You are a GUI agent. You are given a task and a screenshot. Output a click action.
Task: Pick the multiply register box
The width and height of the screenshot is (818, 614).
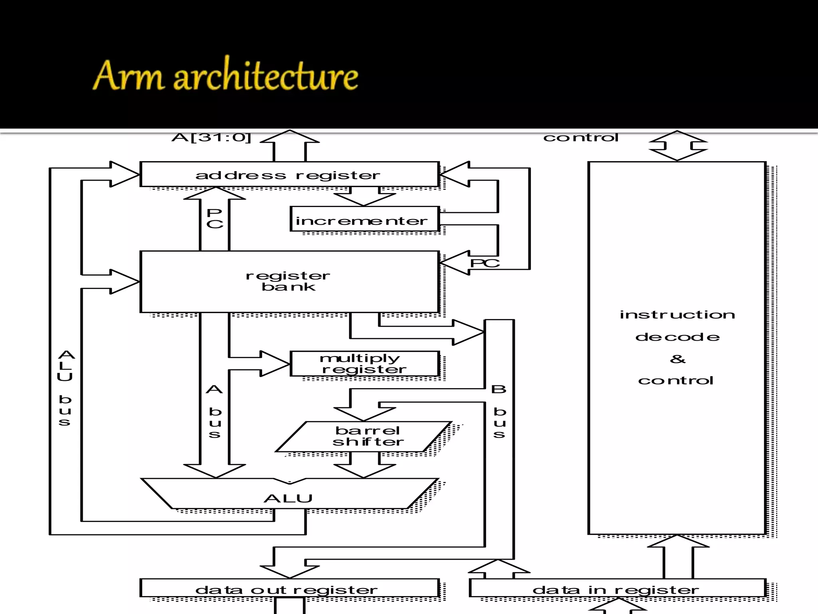(x=364, y=363)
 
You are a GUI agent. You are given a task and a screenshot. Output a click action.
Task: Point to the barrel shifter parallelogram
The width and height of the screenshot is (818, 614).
(x=364, y=437)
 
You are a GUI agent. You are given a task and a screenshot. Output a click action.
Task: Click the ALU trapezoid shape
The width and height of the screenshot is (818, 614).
(x=288, y=496)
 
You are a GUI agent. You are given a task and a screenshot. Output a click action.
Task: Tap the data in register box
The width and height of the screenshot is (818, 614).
(x=617, y=588)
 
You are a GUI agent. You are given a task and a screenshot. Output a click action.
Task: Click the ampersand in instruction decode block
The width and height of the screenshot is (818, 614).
(x=677, y=359)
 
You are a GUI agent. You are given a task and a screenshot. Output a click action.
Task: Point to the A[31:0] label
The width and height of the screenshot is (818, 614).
(x=211, y=138)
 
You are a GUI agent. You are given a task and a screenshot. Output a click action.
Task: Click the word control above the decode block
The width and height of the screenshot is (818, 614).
(x=581, y=138)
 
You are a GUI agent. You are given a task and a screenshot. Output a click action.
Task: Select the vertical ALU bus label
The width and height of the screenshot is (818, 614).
(x=66, y=388)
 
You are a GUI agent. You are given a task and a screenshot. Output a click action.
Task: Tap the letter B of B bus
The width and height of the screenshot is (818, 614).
(x=498, y=389)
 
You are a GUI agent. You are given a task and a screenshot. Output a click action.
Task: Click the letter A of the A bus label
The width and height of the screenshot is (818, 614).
(x=214, y=389)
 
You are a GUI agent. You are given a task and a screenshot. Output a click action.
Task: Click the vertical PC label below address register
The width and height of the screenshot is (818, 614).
(x=215, y=219)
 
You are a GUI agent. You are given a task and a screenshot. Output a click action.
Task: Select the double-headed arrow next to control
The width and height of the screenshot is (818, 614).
(x=677, y=146)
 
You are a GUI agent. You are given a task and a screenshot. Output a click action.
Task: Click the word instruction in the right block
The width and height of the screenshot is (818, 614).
(x=677, y=315)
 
